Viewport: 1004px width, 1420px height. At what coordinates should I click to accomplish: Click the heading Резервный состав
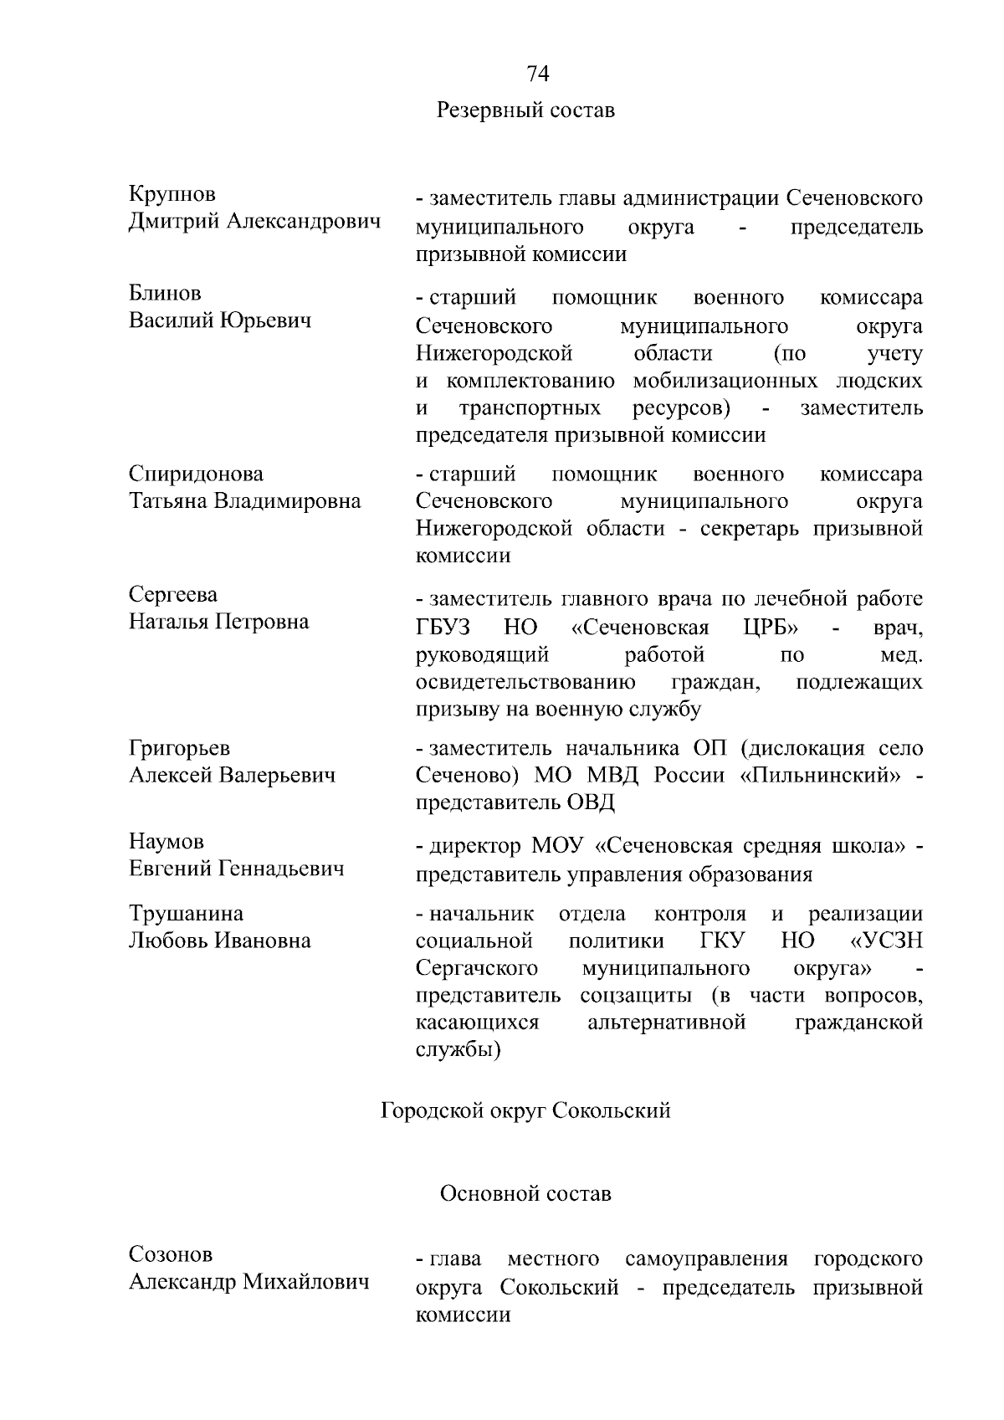point(525,110)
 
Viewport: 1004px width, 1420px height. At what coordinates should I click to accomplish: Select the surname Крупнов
point(172,194)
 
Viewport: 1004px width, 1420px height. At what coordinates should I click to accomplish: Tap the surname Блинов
point(165,293)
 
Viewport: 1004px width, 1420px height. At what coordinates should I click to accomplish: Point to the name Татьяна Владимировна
point(245,501)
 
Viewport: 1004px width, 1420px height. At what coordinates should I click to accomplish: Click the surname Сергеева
point(173,594)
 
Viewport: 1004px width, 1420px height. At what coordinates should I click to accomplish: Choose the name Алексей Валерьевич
point(233,775)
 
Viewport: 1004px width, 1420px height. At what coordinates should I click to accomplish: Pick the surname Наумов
point(166,841)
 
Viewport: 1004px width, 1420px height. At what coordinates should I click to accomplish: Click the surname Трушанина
point(186,913)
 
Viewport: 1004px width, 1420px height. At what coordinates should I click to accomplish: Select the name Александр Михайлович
point(249,1282)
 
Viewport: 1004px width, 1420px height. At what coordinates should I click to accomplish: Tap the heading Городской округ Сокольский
point(525,1110)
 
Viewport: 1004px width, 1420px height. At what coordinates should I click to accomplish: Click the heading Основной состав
point(525,1193)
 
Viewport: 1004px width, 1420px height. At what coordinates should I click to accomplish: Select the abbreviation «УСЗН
point(886,941)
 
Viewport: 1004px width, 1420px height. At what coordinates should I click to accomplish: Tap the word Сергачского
point(477,968)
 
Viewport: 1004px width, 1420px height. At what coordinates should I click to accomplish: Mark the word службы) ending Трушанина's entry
point(458,1050)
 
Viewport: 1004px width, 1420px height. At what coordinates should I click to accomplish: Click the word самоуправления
point(706,1259)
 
